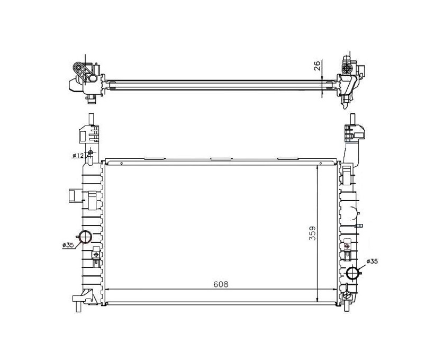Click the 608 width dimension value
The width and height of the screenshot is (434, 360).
(x=221, y=284)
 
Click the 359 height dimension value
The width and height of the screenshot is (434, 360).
(x=312, y=233)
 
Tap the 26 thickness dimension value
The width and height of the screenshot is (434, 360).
(x=318, y=65)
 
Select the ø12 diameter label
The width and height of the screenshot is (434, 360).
(x=78, y=155)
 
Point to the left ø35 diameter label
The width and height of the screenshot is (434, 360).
(x=68, y=245)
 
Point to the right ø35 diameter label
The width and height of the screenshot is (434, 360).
(x=372, y=261)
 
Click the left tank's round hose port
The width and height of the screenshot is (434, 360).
(x=86, y=237)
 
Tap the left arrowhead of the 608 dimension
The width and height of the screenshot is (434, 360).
(x=108, y=289)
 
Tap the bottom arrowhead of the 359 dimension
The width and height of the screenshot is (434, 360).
(x=317, y=299)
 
